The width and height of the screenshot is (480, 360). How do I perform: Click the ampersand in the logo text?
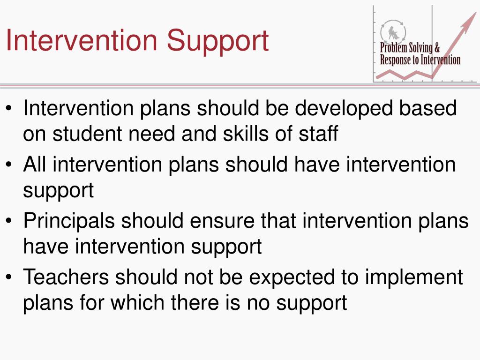click(x=437, y=48)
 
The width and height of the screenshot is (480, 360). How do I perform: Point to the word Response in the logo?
click(x=395, y=60)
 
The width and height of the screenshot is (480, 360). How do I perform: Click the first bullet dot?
click(x=9, y=108)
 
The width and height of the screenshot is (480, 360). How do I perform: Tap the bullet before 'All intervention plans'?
click(x=9, y=165)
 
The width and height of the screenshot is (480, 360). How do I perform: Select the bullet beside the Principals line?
click(x=9, y=220)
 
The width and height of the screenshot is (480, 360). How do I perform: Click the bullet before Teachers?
click(x=9, y=277)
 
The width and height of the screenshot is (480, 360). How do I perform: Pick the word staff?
click(x=318, y=133)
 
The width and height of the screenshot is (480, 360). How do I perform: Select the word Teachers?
click(x=66, y=277)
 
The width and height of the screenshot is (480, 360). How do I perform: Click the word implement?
click(x=413, y=278)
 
